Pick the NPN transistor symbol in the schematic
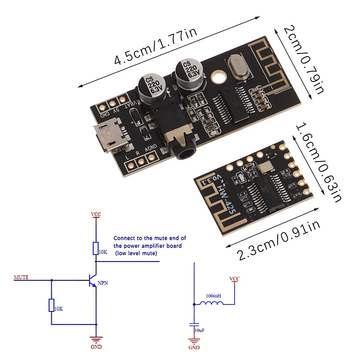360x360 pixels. point(94,281)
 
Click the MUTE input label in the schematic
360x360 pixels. point(21,277)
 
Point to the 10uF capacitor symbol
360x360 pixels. point(194,325)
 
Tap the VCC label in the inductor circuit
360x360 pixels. point(234,279)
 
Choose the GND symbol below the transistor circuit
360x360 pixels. point(96,343)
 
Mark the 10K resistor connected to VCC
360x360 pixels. point(96,248)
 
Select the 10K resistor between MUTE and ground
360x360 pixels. point(51,306)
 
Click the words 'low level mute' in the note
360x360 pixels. point(136,254)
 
